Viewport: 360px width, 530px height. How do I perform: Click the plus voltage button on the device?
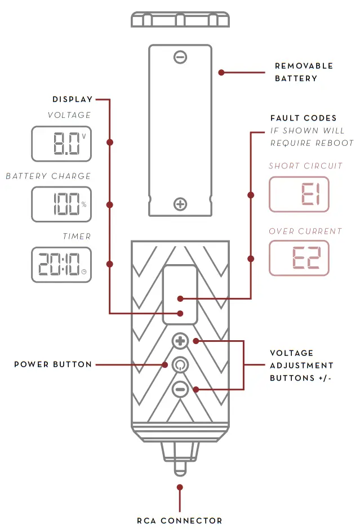[180, 341]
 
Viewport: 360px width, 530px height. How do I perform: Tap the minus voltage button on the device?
[180, 389]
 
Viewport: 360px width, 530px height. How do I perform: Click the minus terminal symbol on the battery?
[180, 57]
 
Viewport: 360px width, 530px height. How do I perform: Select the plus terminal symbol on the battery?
[180, 204]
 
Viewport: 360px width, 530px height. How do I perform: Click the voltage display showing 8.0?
[61, 143]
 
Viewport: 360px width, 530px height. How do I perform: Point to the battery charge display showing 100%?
[61, 204]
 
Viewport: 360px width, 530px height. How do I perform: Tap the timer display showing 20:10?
[61, 264]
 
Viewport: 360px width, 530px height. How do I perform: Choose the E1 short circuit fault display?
[299, 194]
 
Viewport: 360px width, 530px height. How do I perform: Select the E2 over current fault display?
[299, 258]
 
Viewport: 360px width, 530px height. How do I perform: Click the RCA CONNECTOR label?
[180, 521]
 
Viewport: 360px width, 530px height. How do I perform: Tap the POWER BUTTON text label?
[53, 364]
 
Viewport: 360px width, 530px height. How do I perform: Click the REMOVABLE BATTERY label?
[304, 72]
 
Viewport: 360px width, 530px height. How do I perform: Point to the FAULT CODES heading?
[304, 118]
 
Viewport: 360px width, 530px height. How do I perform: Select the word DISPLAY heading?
[72, 100]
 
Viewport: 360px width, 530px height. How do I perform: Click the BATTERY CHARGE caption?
[48, 176]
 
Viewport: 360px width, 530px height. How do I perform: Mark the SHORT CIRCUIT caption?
[305, 166]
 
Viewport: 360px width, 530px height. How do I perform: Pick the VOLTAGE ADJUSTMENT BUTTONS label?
[301, 365]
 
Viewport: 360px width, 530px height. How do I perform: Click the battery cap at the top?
[180, 19]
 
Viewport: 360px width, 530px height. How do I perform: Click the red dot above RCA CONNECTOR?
[180, 487]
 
